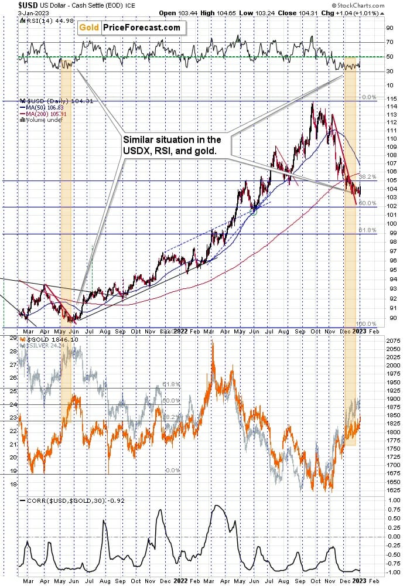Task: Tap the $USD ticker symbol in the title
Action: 11,5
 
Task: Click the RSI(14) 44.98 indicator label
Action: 40,21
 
